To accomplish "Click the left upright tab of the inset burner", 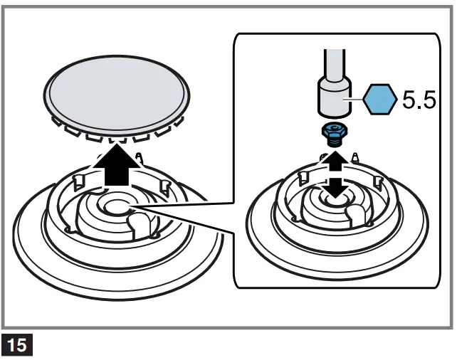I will tap(303, 175).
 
